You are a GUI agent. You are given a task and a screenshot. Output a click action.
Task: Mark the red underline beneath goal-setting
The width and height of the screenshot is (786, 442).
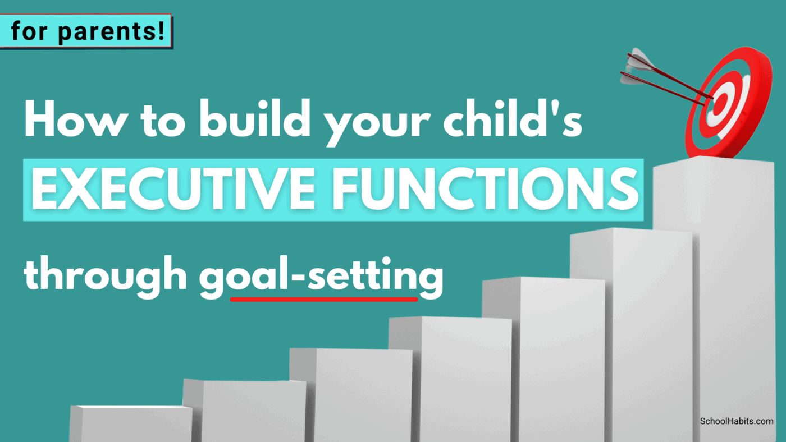pos(324,298)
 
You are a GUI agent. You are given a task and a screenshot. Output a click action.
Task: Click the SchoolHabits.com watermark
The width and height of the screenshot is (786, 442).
pos(737,421)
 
